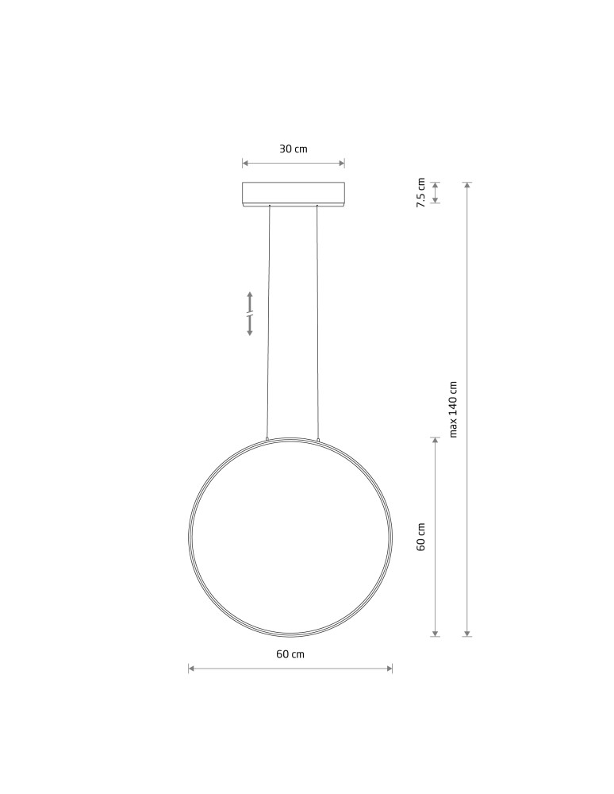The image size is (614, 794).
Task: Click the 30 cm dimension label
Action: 293,149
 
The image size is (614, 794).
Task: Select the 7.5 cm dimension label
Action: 421,192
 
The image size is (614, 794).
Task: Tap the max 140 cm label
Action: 454,409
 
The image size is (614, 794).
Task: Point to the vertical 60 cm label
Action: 421,537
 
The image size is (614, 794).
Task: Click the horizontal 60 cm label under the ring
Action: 290,654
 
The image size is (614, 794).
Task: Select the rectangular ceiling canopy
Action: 294,195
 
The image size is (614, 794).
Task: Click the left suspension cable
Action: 269,318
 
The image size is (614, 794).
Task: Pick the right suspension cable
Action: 317,318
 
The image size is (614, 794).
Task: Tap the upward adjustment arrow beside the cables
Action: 250,299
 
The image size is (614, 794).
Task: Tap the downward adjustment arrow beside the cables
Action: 250,328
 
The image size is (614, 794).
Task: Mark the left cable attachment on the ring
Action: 268,437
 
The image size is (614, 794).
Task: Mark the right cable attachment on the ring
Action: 318,437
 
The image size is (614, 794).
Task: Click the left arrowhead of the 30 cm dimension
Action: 245,164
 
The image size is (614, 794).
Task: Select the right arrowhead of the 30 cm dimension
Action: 342,164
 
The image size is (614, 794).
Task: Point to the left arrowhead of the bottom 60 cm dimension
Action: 191,669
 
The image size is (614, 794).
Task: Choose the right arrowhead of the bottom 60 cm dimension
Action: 390,669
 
